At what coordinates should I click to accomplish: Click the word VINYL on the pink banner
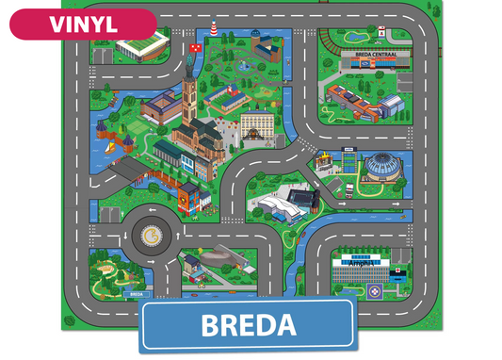[x=82, y=24]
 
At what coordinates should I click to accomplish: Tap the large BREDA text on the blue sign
[x=249, y=325]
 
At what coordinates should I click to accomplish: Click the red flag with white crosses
[x=197, y=44]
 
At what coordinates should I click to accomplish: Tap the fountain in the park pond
[x=246, y=67]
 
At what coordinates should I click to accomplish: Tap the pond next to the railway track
[x=357, y=36]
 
